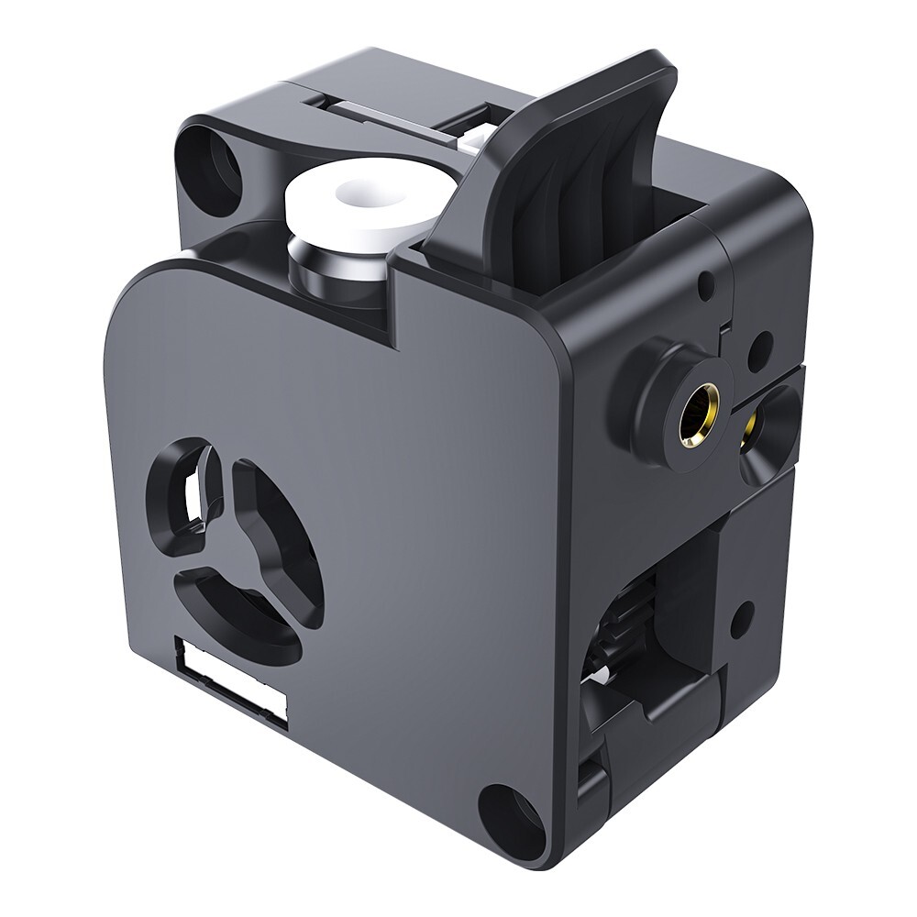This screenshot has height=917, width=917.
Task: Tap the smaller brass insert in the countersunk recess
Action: (x=756, y=427)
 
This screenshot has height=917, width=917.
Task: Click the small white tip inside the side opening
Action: (x=597, y=678)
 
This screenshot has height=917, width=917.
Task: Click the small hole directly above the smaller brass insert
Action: (x=758, y=348)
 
